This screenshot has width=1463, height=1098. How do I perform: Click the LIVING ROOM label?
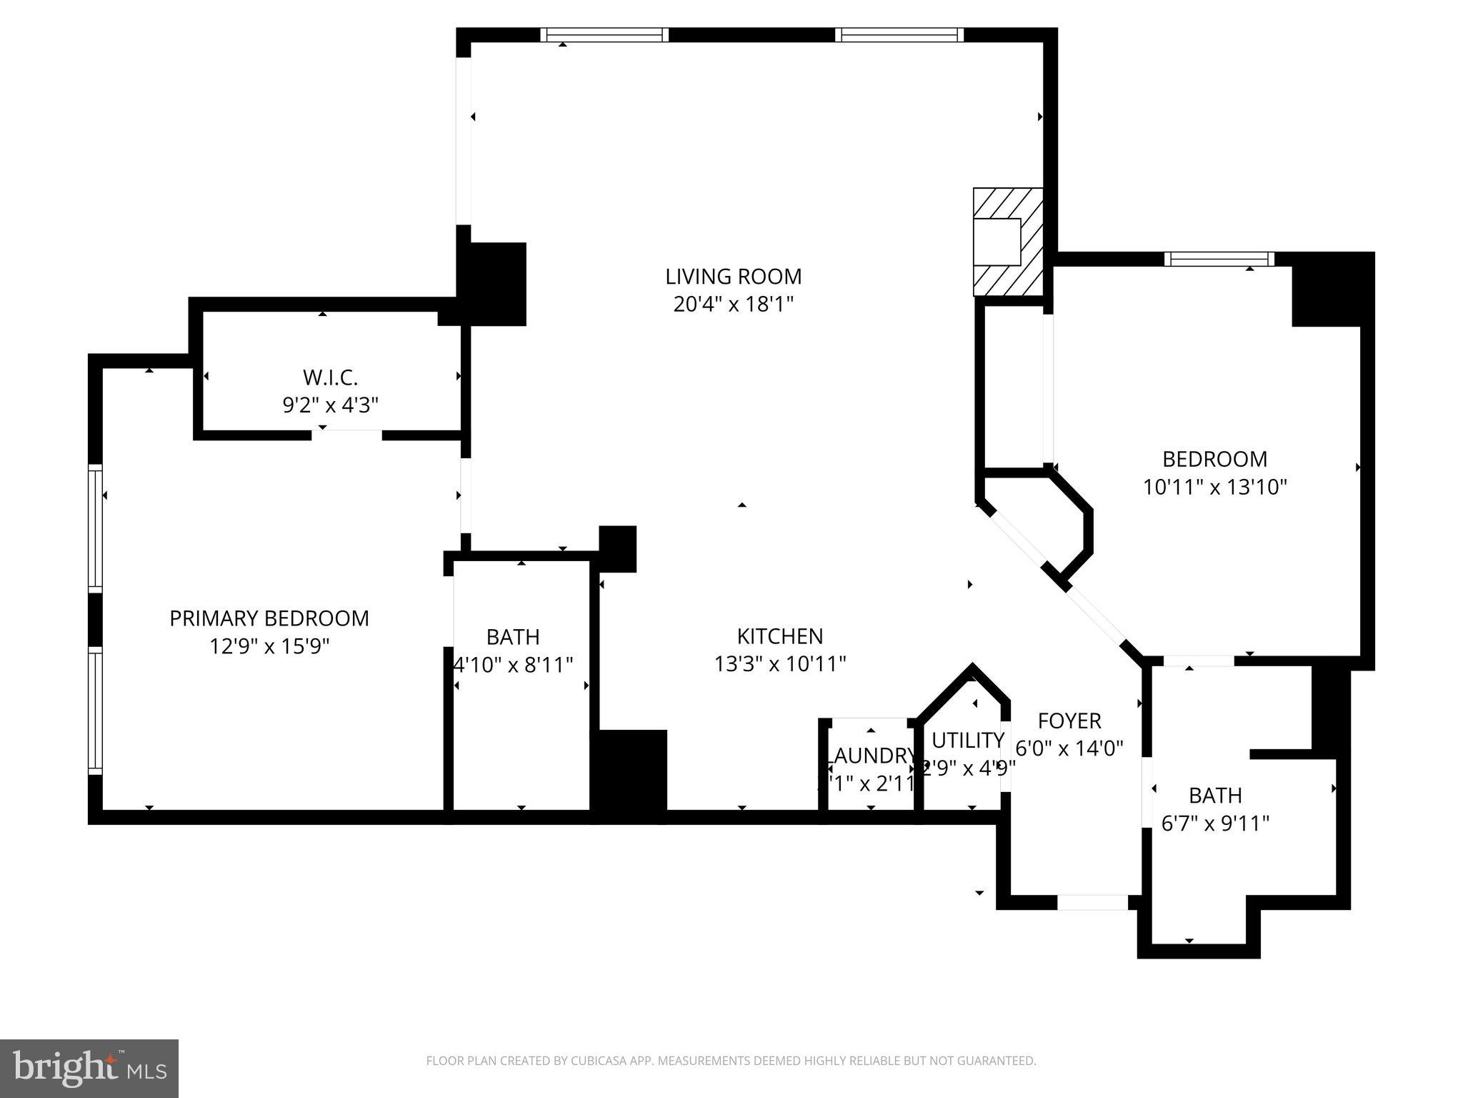pyautogui.click(x=733, y=276)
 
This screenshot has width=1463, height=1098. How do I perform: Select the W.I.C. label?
pyautogui.click(x=330, y=377)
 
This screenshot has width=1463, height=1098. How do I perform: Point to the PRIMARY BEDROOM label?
pyautogui.click(x=269, y=618)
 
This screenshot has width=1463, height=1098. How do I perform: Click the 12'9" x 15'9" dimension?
pyautogui.click(x=269, y=647)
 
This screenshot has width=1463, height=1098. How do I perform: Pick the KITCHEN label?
pyautogui.click(x=780, y=636)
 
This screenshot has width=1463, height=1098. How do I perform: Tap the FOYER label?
pyautogui.click(x=1069, y=720)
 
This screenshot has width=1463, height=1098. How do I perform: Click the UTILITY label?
pyautogui.click(x=968, y=740)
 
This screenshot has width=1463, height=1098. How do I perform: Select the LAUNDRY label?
pyautogui.click(x=870, y=756)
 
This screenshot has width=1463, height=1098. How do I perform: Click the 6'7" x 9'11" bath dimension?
pyautogui.click(x=1215, y=824)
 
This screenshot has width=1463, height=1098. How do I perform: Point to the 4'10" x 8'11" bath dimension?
pyautogui.click(x=514, y=666)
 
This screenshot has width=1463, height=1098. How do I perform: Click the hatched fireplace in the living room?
pyautogui.click(x=1007, y=242)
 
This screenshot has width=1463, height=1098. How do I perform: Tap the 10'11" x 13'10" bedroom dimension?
pyautogui.click(x=1214, y=488)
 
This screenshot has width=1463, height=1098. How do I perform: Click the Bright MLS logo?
pyautogui.click(x=89, y=1069)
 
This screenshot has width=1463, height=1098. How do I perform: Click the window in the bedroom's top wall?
pyautogui.click(x=1219, y=259)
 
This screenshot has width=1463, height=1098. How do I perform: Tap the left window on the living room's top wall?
pyautogui.click(x=604, y=35)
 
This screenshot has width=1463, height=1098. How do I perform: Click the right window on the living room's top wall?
pyautogui.click(x=899, y=35)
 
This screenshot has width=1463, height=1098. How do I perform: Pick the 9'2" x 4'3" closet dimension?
pyautogui.click(x=330, y=405)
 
